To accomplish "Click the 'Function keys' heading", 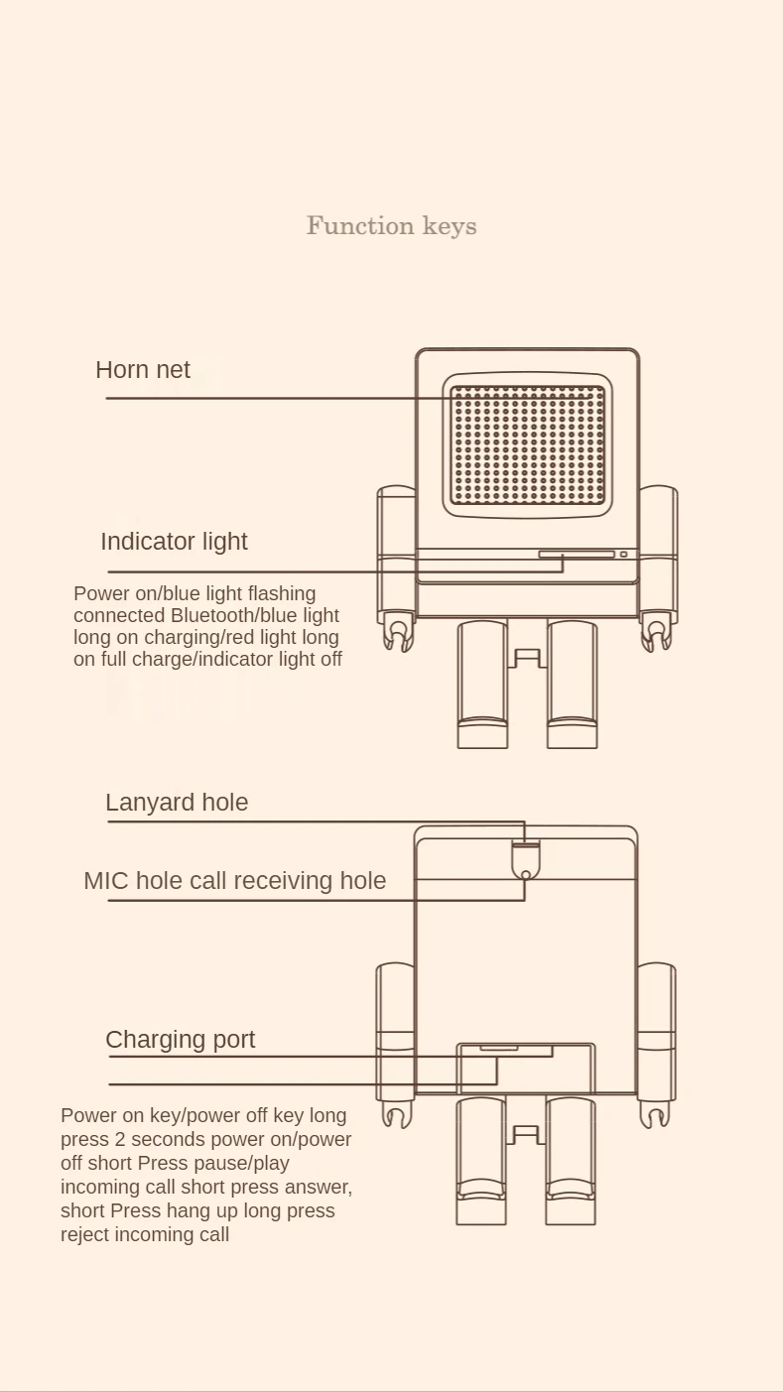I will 391,226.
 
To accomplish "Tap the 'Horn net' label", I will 143,370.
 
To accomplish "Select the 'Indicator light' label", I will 174,542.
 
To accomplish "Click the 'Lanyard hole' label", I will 177,803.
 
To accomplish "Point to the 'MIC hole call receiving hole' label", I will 234,881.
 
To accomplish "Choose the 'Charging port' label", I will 180,1040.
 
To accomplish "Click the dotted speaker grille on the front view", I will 527,445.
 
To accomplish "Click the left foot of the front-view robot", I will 482,732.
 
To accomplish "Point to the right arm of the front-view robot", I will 657,551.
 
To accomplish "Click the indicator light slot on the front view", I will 576,555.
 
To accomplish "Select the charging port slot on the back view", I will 498,1048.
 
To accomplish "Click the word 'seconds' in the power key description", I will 175,1139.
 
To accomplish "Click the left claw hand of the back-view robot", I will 396,1116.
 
